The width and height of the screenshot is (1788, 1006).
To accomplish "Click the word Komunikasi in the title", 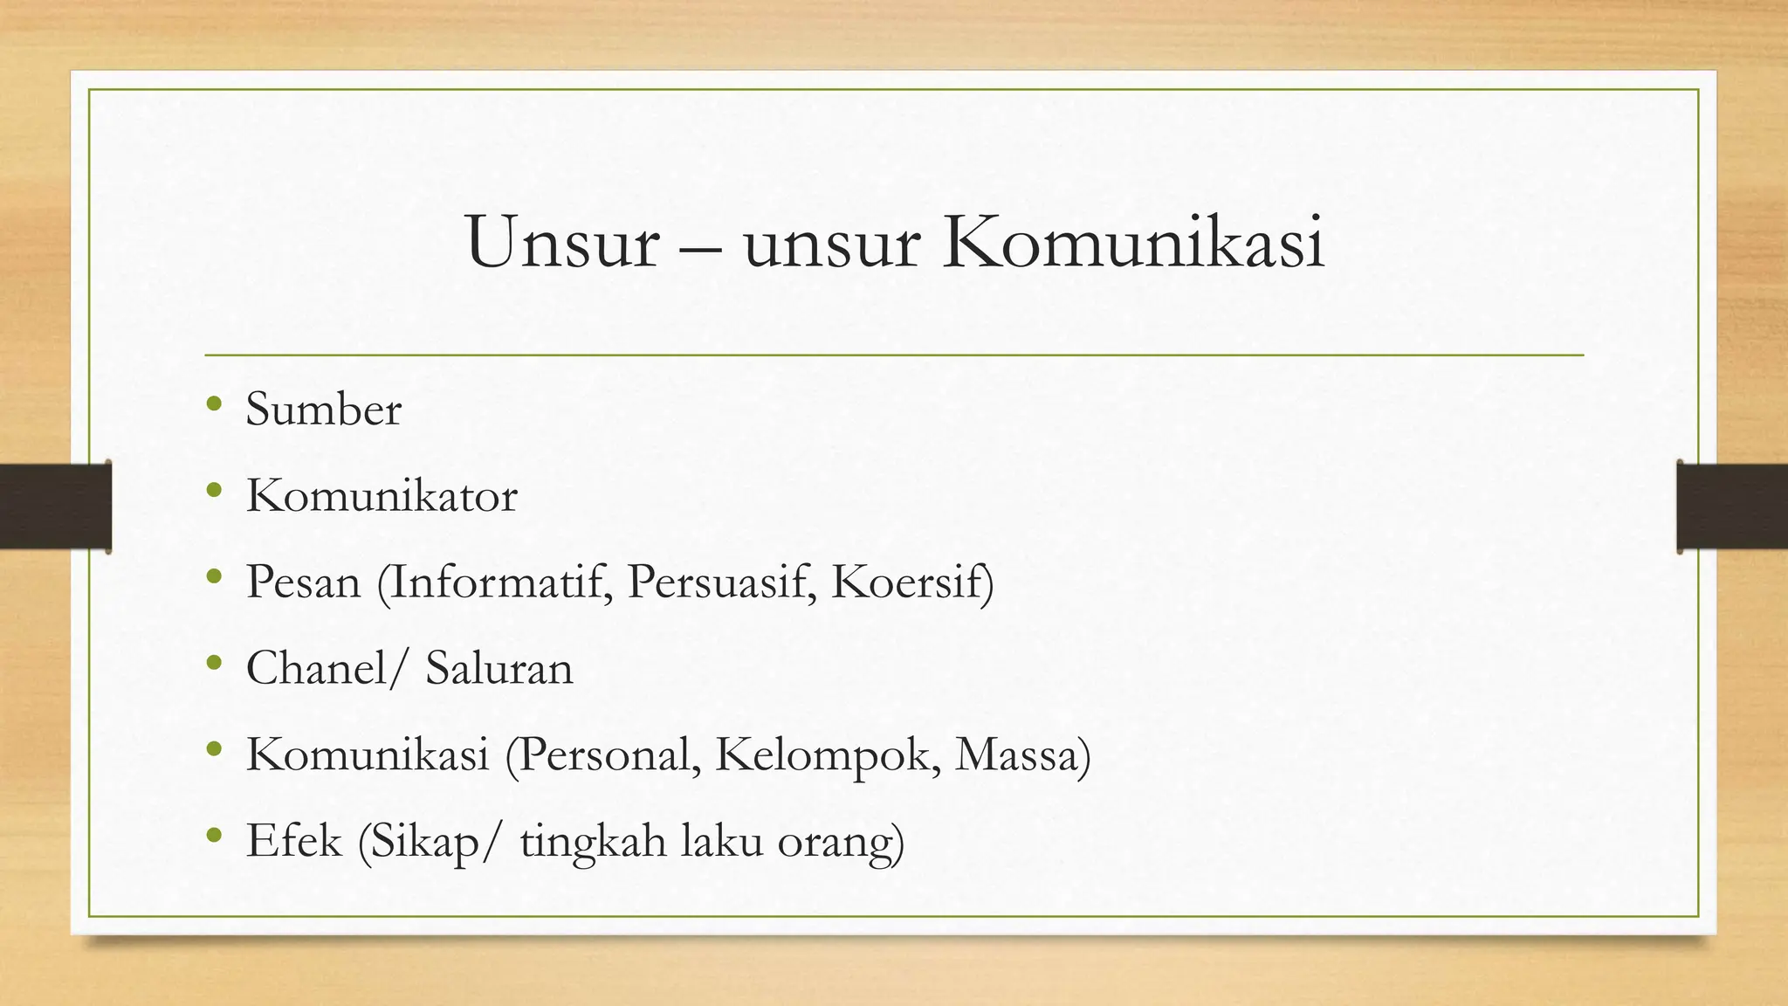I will (1134, 242).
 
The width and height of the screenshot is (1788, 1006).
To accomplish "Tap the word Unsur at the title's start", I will (561, 242).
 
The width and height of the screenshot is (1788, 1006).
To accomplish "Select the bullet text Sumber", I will (323, 409).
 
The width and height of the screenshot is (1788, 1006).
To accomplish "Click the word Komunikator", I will (382, 496).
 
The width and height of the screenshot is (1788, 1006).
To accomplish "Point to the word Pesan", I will (303, 582).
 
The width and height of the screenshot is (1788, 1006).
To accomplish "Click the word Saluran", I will (499, 668).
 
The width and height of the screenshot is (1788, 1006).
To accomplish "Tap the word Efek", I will (293, 841).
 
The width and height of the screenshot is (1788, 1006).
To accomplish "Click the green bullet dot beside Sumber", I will (214, 403).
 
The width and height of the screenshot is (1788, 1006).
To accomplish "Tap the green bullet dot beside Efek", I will (214, 836).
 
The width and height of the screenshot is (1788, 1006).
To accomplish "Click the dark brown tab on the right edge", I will (1732, 506).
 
